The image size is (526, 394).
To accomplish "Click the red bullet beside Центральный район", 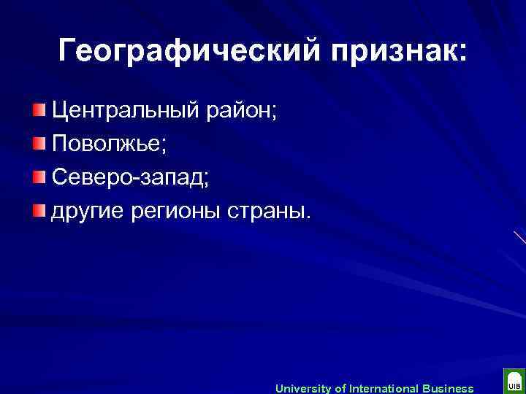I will click(x=39, y=111).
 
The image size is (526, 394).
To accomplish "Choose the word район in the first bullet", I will click(x=245, y=112).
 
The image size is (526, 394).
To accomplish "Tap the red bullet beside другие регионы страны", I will click(x=39, y=211).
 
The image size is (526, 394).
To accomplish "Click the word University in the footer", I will click(x=303, y=388).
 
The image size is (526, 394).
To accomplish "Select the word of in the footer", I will click(x=340, y=388).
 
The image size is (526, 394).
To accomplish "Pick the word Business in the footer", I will click(x=449, y=388).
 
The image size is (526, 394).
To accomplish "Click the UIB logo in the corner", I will click(x=514, y=382).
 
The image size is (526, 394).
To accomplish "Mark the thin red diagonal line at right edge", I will click(x=519, y=236).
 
